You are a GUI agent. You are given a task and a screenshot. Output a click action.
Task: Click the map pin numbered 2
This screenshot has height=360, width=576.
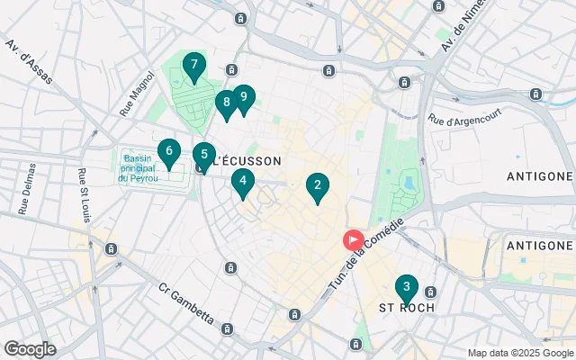click(316, 186)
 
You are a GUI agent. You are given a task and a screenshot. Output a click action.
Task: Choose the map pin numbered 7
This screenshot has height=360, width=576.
click(193, 66)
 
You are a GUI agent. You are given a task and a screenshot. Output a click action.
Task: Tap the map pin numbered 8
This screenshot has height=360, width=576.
click(226, 103)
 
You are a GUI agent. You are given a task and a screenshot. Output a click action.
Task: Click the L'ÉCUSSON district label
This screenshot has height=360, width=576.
click(246, 161)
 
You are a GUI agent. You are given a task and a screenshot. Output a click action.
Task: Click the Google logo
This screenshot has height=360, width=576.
click(30, 349)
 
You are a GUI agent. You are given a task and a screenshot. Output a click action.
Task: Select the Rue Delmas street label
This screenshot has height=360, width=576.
click(26, 188)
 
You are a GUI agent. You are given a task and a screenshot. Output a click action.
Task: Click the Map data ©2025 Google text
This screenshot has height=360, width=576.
click(519, 352)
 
